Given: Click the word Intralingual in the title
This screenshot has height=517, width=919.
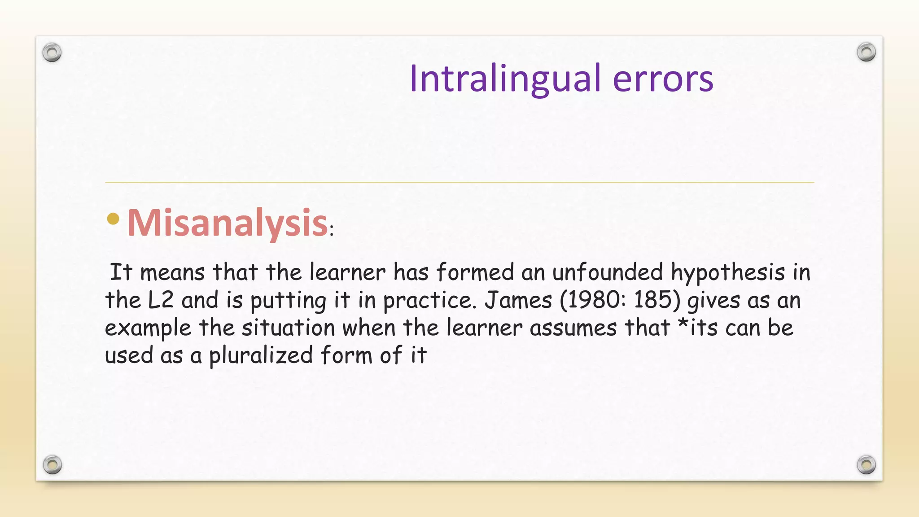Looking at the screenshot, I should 505,79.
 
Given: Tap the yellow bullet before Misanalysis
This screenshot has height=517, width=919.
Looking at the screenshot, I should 114,219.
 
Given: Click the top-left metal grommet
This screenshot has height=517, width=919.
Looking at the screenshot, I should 52,53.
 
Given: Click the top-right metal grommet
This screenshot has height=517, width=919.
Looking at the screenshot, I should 866,53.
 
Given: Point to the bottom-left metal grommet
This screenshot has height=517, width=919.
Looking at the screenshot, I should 52,464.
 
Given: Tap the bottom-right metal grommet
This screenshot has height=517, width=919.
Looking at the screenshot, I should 866,464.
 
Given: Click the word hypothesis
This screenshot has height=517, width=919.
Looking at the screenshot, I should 728,273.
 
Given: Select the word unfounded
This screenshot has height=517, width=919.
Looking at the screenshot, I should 607,272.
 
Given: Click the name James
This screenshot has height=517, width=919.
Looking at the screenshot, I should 518,300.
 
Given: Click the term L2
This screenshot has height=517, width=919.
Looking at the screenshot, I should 160,300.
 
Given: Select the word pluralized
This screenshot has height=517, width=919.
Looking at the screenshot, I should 261,355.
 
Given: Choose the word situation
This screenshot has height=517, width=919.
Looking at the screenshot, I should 289,328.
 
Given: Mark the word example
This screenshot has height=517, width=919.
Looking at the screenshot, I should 148,329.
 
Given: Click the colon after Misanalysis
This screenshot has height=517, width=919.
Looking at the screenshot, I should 332,232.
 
